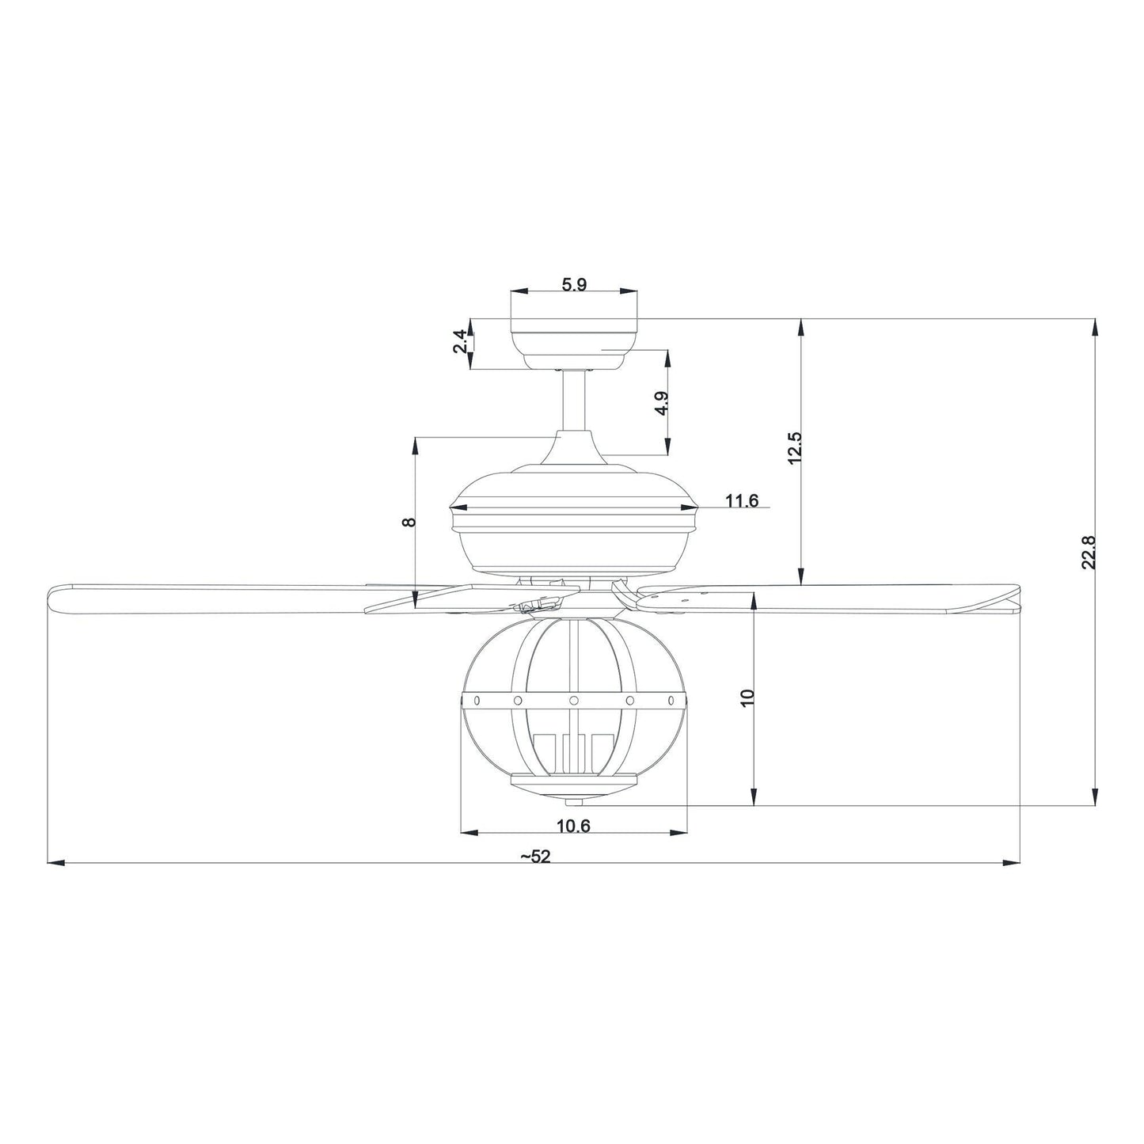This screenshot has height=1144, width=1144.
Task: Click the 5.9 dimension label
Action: point(574,285)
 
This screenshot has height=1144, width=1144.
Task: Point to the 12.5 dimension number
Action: point(796,447)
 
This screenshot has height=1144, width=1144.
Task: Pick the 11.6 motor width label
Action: point(742,500)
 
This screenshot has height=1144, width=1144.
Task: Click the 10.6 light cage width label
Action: point(574,827)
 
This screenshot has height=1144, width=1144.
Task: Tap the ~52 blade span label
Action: point(535,857)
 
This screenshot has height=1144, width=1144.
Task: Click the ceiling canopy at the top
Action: point(574,336)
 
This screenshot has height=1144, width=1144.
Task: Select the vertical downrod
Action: point(574,400)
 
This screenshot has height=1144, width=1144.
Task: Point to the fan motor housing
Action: point(574,523)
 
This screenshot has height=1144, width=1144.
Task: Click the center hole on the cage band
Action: point(574,701)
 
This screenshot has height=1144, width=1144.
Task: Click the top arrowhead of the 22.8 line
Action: point(1095,325)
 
